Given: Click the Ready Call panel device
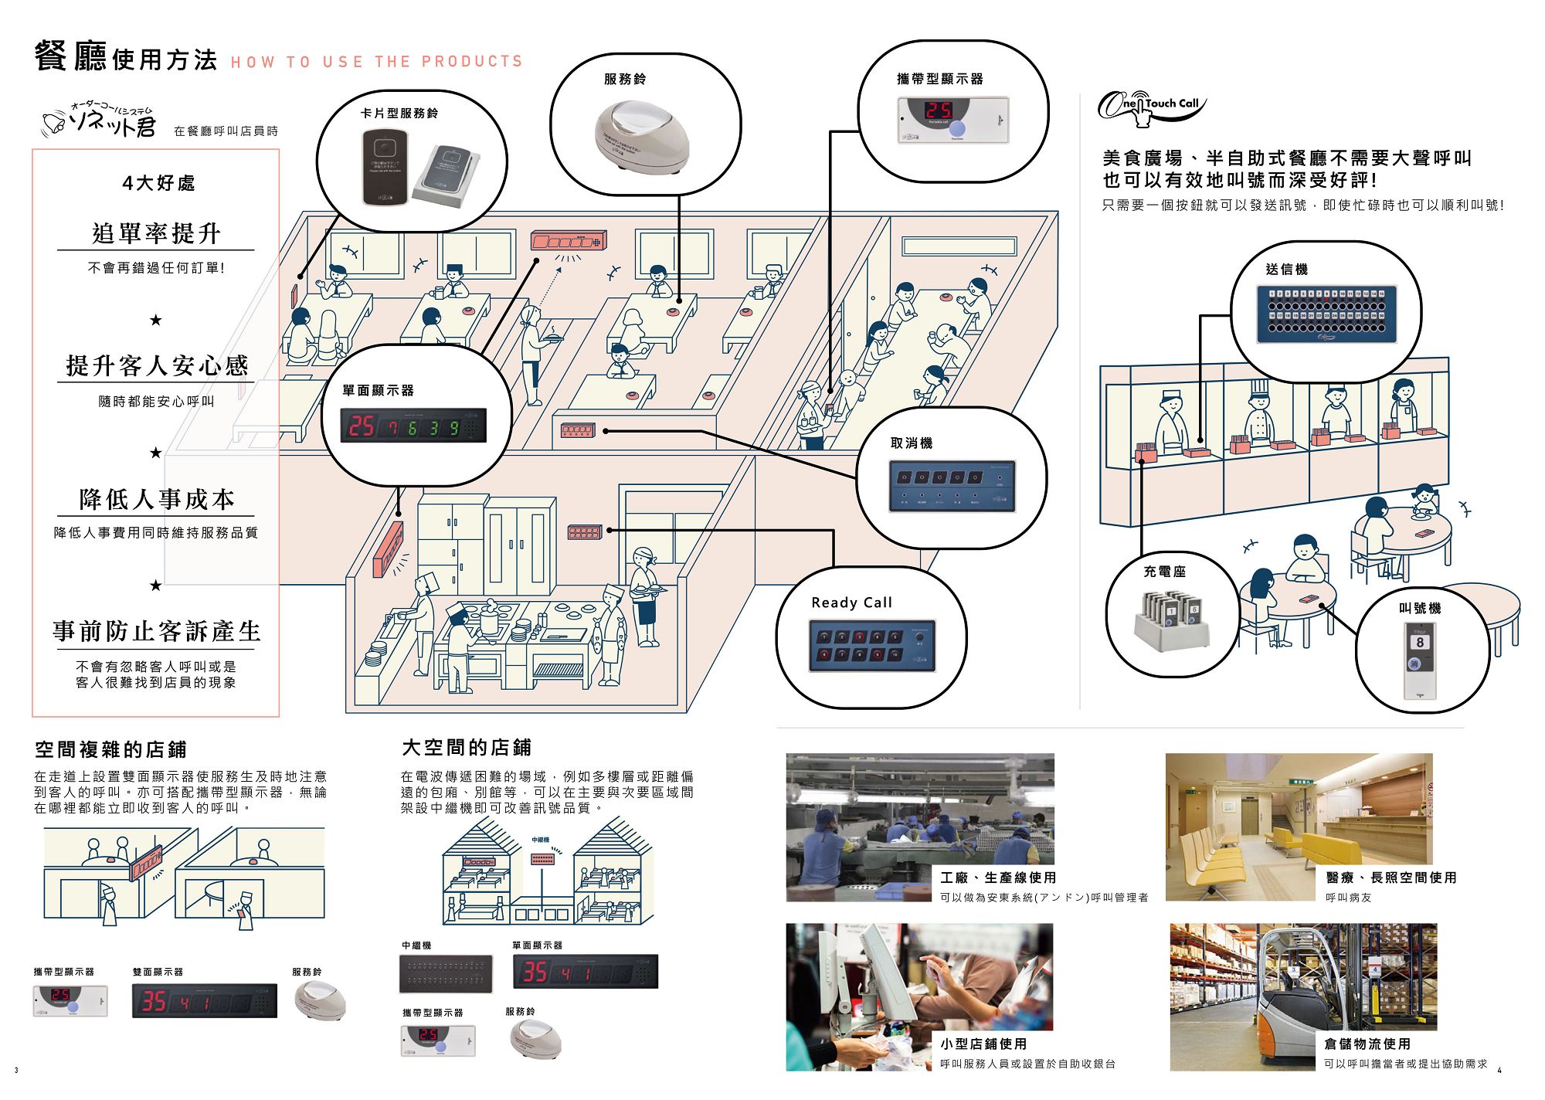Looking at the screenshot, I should [872, 645].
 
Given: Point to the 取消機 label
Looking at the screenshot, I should [912, 443].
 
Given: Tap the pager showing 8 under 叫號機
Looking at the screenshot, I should [1420, 660].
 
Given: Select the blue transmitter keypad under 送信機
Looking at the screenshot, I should [1326, 314].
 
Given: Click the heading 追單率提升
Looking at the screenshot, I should [156, 233].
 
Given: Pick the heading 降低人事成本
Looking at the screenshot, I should [156, 500].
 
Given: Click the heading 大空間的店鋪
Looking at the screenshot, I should [467, 748].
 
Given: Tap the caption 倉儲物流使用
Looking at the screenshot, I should [1367, 1044].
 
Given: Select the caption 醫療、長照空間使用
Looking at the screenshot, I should [1390, 878].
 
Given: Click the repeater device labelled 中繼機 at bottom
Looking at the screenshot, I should [446, 974].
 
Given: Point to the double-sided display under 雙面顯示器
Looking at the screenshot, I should [204, 1001].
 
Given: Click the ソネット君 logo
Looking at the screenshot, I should [100, 121].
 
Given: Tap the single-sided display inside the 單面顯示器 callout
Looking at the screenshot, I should [413, 426].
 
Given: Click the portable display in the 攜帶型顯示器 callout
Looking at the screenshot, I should [952, 120].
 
